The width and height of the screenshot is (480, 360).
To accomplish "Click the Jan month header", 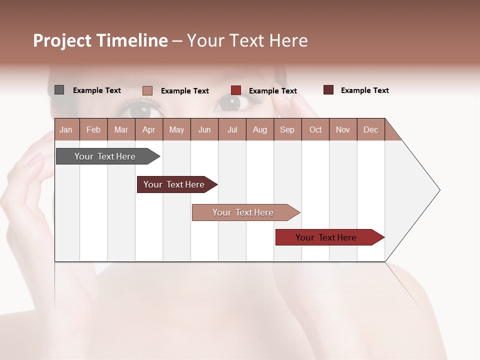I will tap(66, 129).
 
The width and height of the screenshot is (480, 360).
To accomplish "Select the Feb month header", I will tap(93, 129).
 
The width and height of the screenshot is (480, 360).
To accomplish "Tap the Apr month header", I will tap(148, 129).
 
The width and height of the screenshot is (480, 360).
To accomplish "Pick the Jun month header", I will tap(204, 129).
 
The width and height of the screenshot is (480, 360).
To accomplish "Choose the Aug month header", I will tap(259, 129).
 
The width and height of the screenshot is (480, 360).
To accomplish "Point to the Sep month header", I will tap(287, 129).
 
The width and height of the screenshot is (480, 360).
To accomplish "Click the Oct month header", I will tap(315, 129).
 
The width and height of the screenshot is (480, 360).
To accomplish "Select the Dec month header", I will tap(370, 129).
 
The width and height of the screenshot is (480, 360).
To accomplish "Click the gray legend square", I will tap(59, 90).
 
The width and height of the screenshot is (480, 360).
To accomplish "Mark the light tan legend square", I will tap(147, 90).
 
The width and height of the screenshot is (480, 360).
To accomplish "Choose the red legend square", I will tap(236, 90).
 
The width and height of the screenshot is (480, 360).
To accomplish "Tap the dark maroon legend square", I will tap(328, 90).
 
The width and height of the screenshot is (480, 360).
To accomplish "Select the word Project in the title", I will tap(62, 40).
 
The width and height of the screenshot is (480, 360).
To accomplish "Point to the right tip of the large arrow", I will tap(438, 190).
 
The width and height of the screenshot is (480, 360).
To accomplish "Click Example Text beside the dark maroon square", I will tap(364, 90).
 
